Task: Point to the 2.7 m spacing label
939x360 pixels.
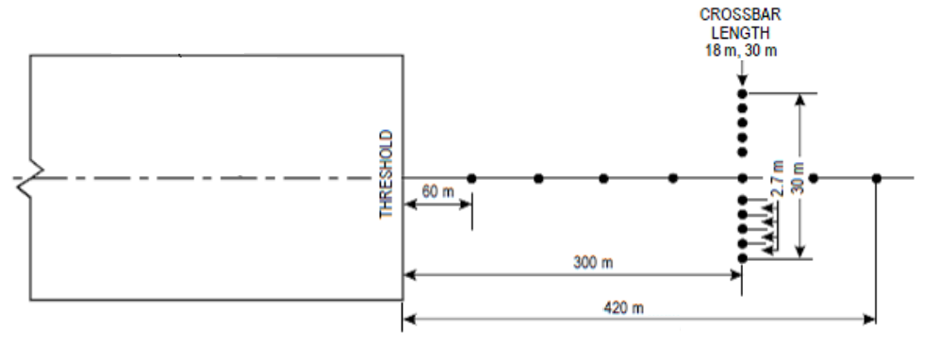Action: coord(776,177)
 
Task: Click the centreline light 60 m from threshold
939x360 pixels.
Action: coord(471,178)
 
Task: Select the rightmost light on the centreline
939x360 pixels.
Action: coord(876,178)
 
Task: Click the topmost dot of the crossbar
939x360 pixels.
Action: coord(742,93)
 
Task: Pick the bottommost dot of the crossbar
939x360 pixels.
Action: coord(742,257)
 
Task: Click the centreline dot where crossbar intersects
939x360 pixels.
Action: coord(742,178)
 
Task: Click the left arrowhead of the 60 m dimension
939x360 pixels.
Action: coord(408,206)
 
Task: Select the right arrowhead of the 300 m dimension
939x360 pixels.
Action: coord(736,275)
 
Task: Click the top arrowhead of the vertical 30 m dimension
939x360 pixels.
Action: coord(799,98)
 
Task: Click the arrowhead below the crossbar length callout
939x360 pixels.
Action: coord(742,83)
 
